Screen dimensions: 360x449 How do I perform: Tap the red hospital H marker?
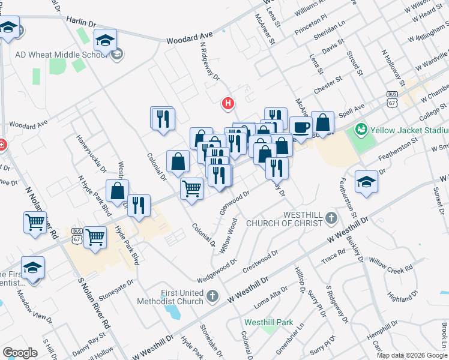228,103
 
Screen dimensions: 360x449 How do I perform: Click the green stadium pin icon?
361,129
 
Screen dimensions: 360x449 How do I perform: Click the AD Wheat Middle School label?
59,55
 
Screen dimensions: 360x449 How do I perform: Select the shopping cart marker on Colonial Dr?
191,189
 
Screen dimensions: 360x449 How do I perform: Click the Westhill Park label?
268,322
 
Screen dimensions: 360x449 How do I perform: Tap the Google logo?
20,353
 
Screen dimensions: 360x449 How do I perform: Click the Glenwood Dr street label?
235,203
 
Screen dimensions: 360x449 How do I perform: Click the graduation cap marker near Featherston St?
366,181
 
